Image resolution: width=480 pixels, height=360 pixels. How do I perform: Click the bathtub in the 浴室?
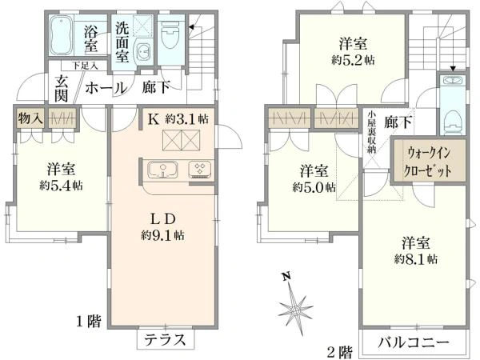click(x=61, y=35)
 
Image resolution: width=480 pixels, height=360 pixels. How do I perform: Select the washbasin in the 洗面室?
click(x=143, y=51)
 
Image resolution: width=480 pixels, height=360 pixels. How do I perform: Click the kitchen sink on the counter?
click(x=162, y=170)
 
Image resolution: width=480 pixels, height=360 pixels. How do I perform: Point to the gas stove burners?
click(x=200, y=170)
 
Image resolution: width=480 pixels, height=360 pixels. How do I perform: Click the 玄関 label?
click(x=62, y=89)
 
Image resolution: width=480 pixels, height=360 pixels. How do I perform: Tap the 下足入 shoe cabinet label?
click(x=85, y=66)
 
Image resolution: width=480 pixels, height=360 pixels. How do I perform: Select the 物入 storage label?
click(x=30, y=118)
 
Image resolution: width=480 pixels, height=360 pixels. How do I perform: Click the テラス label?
click(x=166, y=339)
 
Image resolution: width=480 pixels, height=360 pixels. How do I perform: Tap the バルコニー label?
click(x=414, y=342)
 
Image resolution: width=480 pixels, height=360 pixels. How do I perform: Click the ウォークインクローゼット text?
click(x=428, y=162)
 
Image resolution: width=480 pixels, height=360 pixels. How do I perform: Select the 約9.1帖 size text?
click(x=162, y=235)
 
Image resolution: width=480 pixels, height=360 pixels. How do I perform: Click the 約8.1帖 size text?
click(x=416, y=259)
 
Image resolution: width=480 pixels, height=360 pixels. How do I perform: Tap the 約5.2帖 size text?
click(x=353, y=60)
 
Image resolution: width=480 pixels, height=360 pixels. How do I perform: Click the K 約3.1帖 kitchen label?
click(x=178, y=119)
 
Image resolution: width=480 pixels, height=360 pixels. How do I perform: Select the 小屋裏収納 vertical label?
click(x=372, y=132)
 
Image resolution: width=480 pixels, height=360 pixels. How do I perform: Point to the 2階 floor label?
click(x=340, y=352)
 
